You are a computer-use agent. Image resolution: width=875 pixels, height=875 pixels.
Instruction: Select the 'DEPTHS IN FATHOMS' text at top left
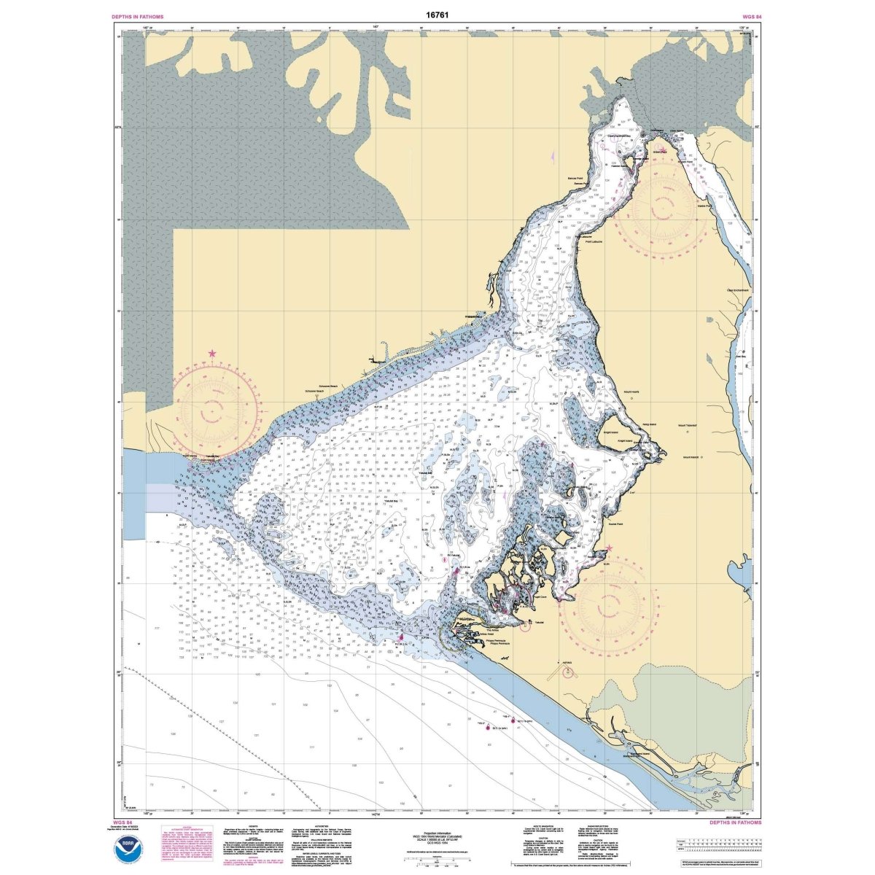coord(138,15)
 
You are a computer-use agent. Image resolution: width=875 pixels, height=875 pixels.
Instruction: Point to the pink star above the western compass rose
coord(212,354)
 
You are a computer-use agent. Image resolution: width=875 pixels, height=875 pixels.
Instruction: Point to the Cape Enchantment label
coord(738,290)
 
